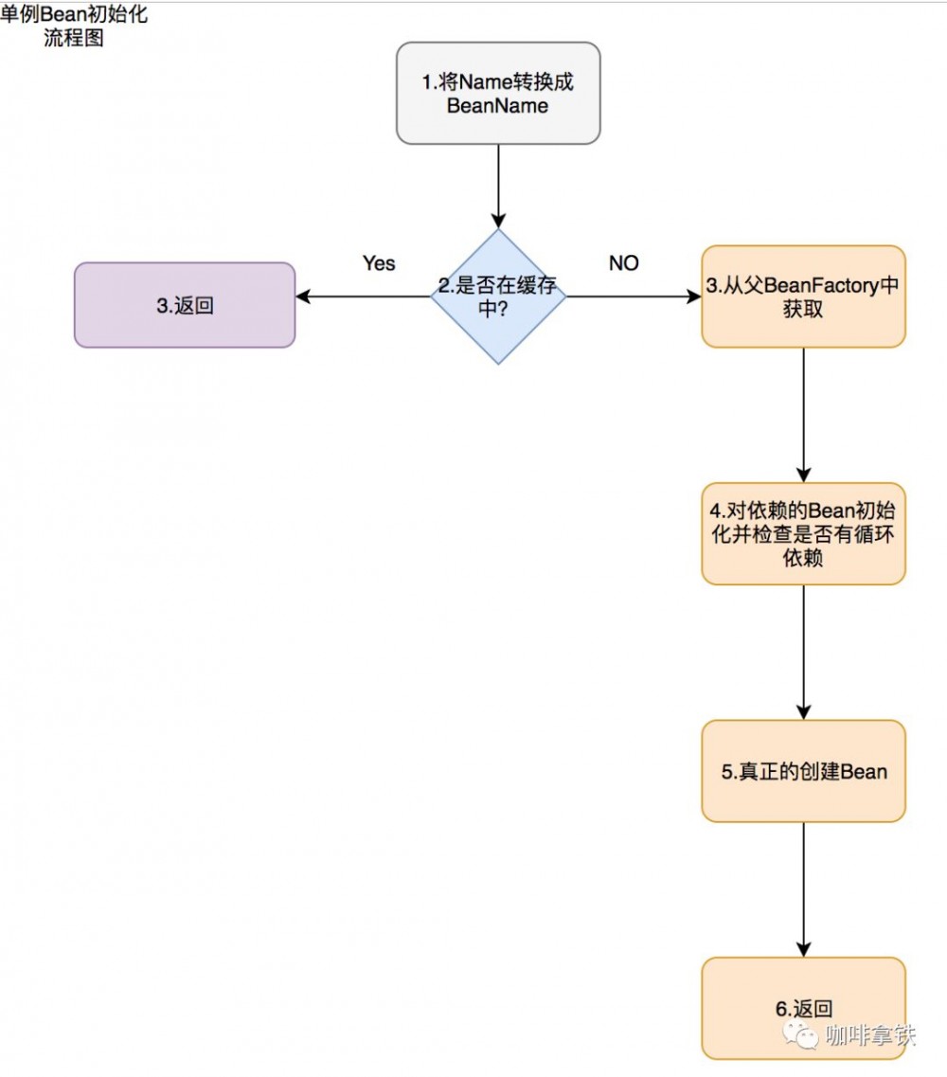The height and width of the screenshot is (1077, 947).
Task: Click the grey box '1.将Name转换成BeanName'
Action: point(498,93)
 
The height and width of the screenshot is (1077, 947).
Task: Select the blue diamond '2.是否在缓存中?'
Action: point(498,296)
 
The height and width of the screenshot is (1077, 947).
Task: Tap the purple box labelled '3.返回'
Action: point(185,305)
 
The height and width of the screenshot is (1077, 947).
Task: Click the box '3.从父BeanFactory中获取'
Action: point(803,296)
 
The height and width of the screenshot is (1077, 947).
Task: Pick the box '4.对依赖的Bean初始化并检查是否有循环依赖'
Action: point(803,533)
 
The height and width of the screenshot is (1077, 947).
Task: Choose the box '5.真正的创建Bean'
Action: point(803,771)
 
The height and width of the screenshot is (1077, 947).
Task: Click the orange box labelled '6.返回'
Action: point(803,1008)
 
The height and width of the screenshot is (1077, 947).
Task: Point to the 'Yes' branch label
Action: point(379,263)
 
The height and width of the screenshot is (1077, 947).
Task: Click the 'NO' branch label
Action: point(624,263)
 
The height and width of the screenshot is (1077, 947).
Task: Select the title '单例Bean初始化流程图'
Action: point(74,27)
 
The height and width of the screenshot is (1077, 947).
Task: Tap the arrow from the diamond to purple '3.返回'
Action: point(364,296)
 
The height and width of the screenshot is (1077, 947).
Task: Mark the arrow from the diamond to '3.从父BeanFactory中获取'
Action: point(634,296)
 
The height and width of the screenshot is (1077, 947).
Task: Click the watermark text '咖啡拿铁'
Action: point(870,1034)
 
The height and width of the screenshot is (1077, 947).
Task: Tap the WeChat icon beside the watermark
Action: point(806,1035)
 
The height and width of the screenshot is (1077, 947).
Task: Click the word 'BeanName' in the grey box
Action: point(497,106)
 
